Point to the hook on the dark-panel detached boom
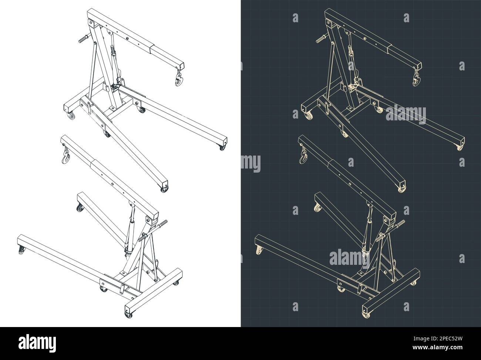[x=303, y=155]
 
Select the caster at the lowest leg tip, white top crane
[x=164, y=189]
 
